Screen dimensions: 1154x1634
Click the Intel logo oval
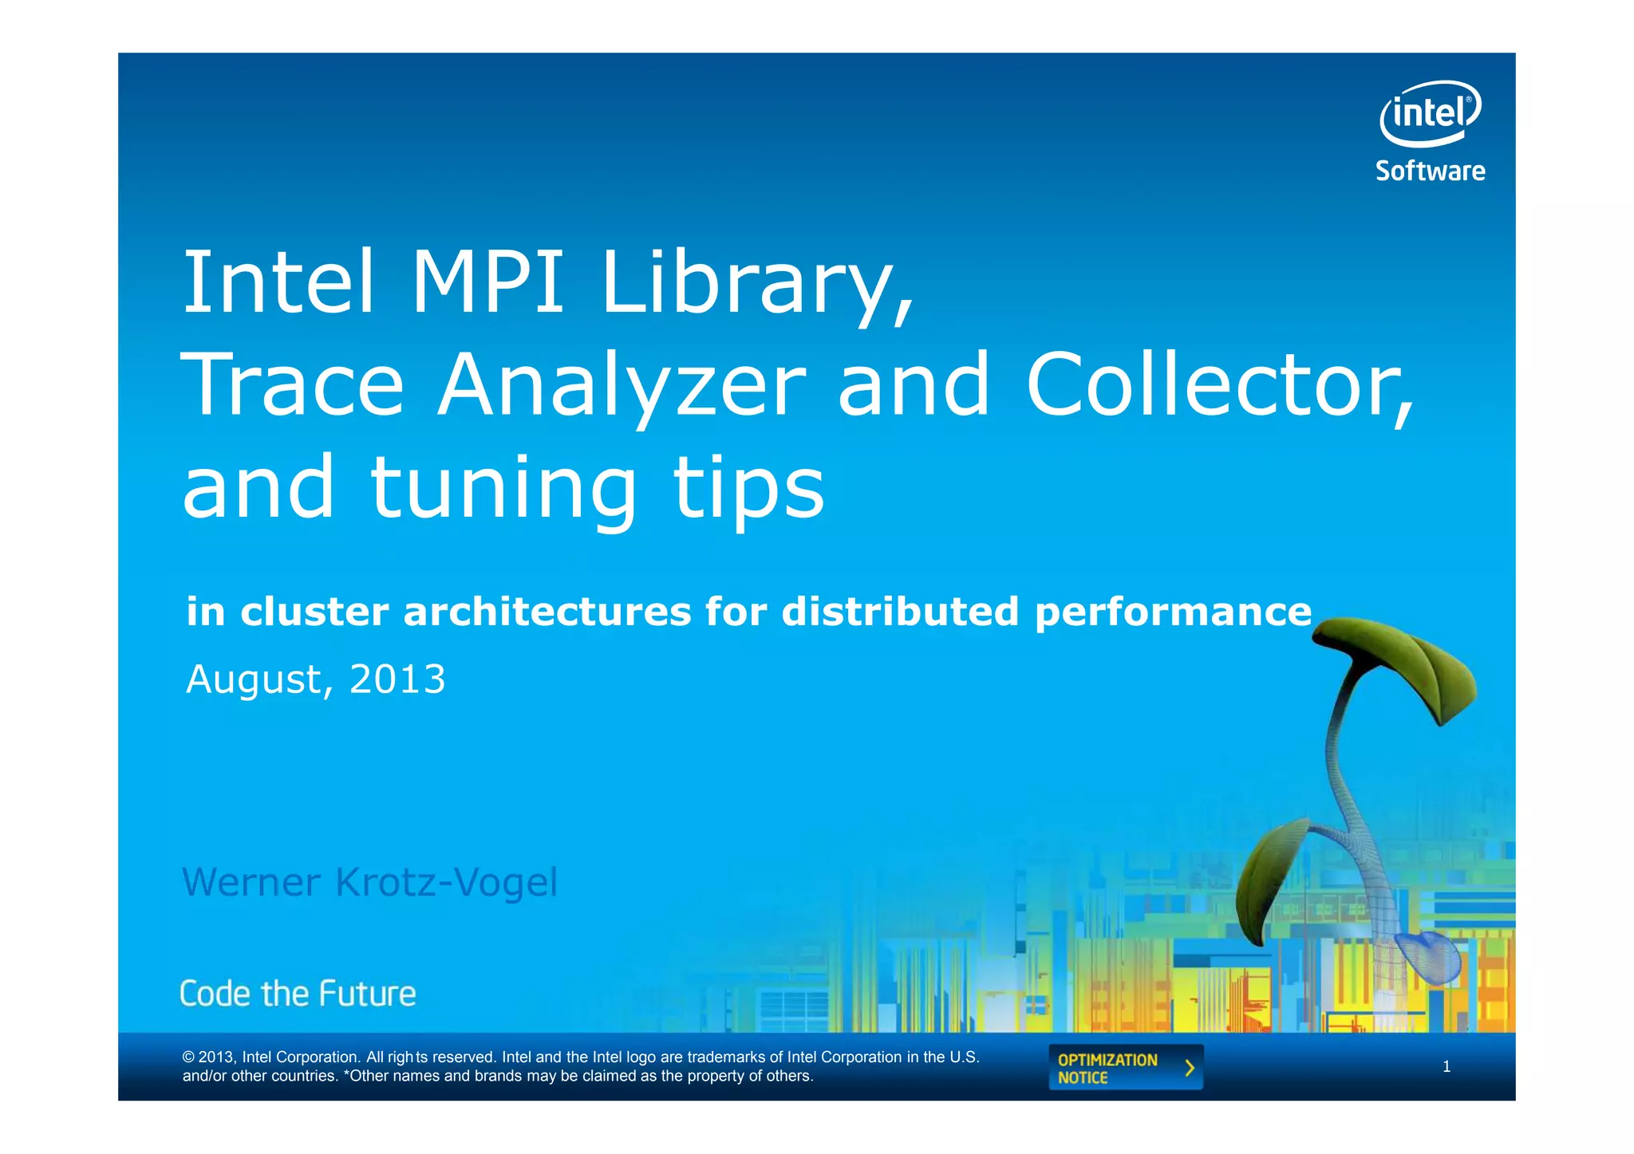tap(1430, 114)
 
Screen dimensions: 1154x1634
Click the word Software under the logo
tap(1430, 171)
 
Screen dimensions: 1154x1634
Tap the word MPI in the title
tap(487, 283)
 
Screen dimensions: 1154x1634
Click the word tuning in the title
tap(503, 489)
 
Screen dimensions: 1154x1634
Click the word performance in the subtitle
tap(1173, 613)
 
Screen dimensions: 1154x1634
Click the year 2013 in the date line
tap(397, 679)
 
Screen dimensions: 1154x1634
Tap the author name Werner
tap(251, 882)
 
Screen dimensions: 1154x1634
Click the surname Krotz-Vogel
tap(446, 883)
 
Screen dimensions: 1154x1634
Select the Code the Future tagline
tap(298, 994)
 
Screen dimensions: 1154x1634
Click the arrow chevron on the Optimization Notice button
tap(1190, 1068)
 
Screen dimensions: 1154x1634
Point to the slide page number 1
tap(1447, 1067)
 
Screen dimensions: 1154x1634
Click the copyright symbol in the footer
tap(188, 1058)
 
